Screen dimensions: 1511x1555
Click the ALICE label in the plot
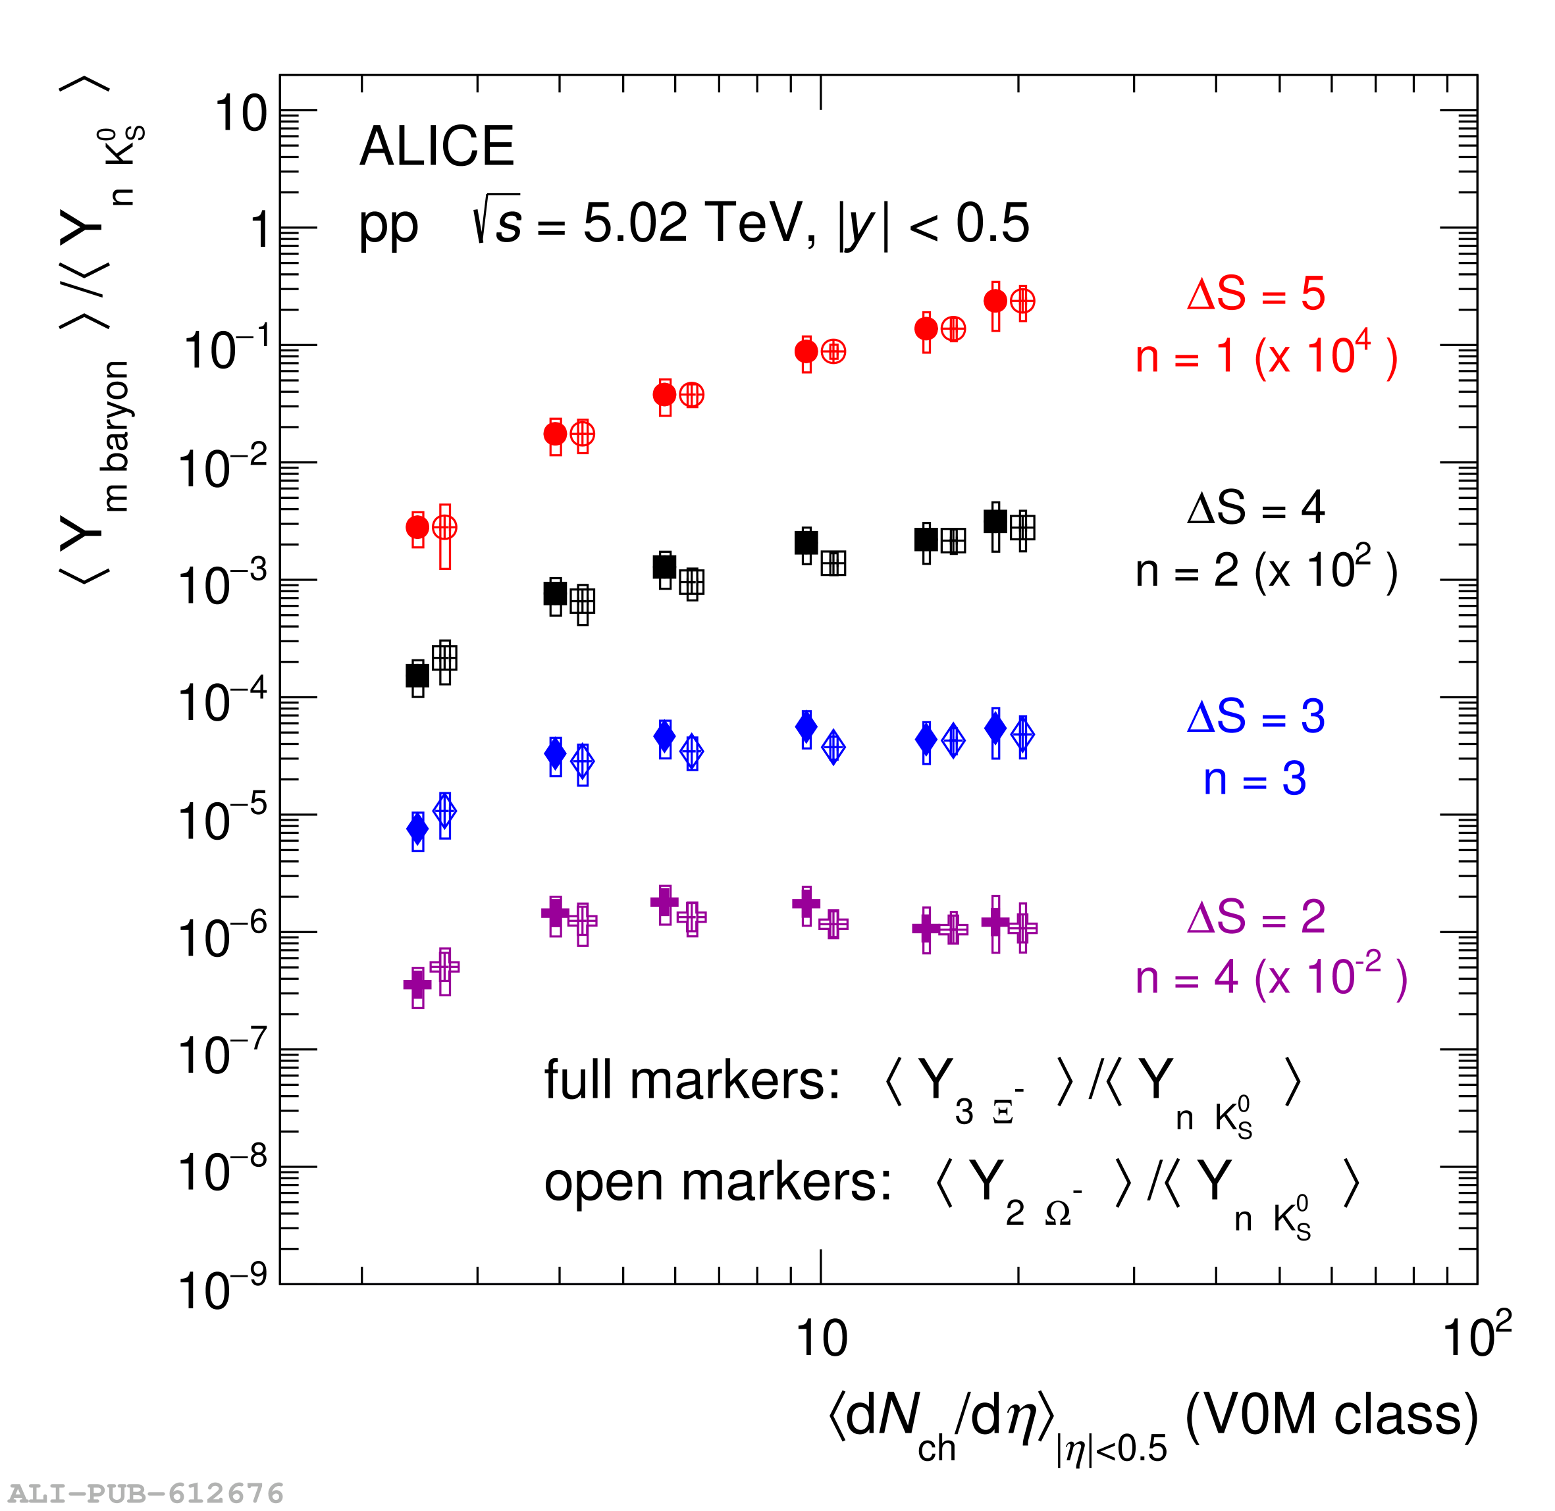436,147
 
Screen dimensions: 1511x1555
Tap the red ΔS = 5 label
1255,294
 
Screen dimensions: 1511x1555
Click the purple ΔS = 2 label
1255,917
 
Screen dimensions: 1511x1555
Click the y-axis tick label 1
259,231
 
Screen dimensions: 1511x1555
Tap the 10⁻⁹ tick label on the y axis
223,1290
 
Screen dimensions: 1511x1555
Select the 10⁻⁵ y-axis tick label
223,820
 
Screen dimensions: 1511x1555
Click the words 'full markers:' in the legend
691,1081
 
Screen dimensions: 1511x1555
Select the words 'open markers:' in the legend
718,1183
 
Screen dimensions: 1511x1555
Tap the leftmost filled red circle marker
417,527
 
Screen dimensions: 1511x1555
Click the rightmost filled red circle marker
995,301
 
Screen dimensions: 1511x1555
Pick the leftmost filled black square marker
417,675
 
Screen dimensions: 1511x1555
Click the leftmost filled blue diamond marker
417,829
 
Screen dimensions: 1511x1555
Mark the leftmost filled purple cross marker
417,985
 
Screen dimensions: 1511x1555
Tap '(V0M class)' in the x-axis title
1331,1414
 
